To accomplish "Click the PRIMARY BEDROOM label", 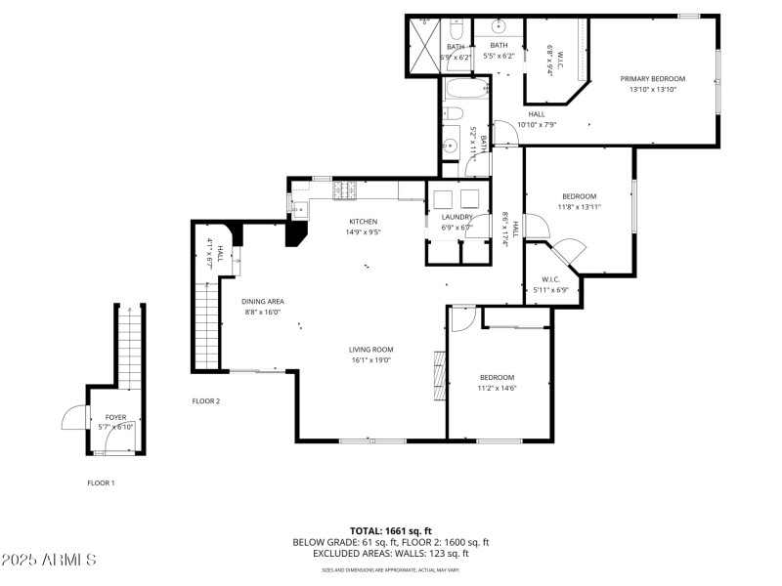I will tap(652, 79).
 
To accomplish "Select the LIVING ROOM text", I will tap(370, 350).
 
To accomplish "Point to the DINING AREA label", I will tap(262, 302).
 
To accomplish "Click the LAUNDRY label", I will tap(456, 217).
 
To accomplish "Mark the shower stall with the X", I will tap(423, 46).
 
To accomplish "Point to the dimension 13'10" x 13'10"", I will tap(652, 90).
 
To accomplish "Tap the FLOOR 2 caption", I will tap(205, 401).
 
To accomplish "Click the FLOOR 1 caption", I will tap(101, 482).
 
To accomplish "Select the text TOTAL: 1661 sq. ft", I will tap(390, 530).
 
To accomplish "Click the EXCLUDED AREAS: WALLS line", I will tap(390, 553).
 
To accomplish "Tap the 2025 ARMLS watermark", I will tap(49, 560).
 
